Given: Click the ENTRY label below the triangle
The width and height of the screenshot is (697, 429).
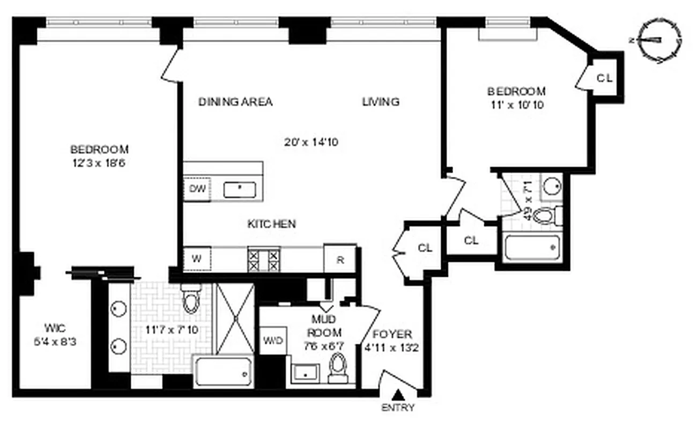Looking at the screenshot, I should (398, 408).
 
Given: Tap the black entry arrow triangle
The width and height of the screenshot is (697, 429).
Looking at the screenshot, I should (398, 395).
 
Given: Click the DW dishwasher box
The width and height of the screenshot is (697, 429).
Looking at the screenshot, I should (197, 189).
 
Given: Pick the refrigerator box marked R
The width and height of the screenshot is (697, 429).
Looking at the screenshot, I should (340, 259).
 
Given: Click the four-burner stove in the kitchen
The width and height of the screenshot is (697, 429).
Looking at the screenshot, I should (264, 258).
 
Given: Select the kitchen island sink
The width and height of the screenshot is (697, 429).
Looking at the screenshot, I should (240, 189).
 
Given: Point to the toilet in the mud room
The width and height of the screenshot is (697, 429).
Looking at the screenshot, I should (338, 367).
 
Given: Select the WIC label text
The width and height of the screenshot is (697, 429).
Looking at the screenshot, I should (55, 327).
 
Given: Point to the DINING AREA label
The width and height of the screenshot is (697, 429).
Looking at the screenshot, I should (235, 101).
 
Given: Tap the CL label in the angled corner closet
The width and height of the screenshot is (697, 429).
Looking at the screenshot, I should (605, 78).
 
